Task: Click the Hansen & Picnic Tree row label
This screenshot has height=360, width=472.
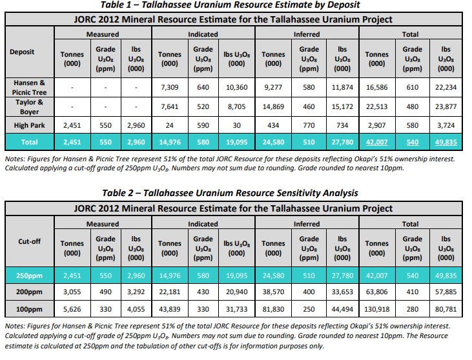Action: (29, 87)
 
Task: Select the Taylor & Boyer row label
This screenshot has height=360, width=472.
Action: (29, 106)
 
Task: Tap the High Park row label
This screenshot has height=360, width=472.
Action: (29, 125)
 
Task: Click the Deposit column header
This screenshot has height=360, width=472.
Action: (22, 52)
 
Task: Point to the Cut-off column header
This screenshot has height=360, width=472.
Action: (29, 241)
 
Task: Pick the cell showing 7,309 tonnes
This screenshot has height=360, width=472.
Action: (169, 87)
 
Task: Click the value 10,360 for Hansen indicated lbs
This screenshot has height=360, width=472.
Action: (236, 87)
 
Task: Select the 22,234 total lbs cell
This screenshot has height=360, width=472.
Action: (446, 87)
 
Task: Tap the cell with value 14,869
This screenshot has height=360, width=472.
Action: (273, 106)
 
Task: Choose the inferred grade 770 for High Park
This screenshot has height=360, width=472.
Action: (309, 125)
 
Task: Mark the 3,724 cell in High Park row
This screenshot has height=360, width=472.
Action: (446, 125)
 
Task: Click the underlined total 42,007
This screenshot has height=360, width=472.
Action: (376, 142)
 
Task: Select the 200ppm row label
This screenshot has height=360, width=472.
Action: (29, 292)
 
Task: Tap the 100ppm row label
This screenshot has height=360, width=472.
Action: (29, 309)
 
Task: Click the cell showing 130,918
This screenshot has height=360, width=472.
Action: (376, 309)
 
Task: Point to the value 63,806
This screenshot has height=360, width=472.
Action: (376, 292)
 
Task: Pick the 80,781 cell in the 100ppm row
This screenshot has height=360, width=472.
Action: (446, 309)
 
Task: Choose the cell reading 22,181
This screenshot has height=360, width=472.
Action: (169, 292)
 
